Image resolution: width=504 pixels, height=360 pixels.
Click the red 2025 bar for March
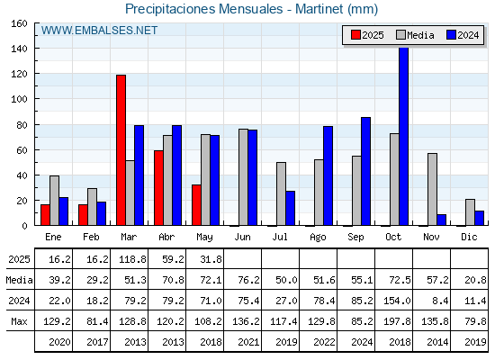tap(121, 149)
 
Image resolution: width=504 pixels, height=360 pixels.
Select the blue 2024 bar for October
tap(404, 136)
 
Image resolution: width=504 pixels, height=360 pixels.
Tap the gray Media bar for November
tap(432, 189)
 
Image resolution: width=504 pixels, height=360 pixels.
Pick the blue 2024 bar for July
tap(290, 208)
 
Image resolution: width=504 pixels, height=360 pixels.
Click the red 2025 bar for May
tap(196, 205)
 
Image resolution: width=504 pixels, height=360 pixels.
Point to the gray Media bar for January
tap(54, 200)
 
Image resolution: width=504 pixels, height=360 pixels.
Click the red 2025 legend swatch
tap(355, 35)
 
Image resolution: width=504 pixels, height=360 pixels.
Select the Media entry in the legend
tap(415, 35)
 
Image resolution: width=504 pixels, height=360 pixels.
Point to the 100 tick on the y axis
tap(20, 99)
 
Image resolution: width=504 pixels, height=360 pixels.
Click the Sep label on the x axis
tap(355, 238)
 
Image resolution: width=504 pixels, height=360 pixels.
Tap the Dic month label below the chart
tap(469, 237)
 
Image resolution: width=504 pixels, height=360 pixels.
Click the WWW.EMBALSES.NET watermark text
tap(99, 31)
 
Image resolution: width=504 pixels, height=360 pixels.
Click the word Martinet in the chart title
tap(319, 9)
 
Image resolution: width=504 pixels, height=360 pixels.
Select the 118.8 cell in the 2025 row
tap(133, 259)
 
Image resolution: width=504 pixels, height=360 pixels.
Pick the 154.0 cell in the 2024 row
tap(397, 301)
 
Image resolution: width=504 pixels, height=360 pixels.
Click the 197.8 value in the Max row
tap(397, 321)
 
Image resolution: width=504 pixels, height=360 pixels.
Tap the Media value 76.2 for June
tap(248, 280)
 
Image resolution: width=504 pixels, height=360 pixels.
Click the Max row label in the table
tap(19, 321)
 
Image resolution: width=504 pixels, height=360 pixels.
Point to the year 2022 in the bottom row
tap(324, 342)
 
